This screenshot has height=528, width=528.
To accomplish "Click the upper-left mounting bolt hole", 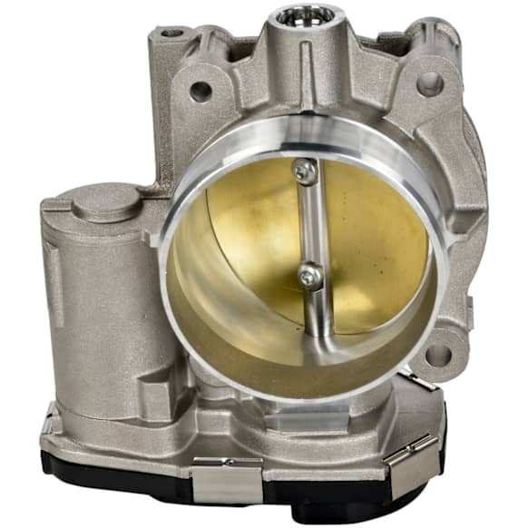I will tap(200, 90).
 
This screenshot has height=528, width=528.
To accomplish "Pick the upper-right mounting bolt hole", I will tap(429, 84).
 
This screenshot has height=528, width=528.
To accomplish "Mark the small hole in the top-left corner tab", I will tap(171, 34).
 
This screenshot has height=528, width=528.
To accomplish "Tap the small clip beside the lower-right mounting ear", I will tap(419, 380).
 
